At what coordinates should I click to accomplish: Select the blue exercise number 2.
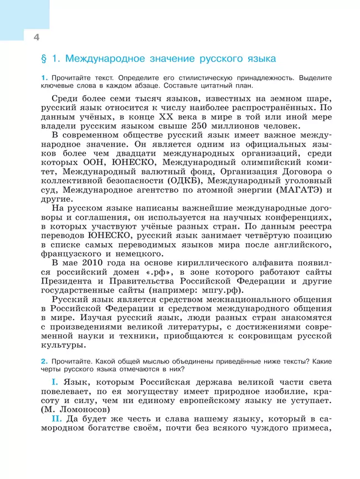37,360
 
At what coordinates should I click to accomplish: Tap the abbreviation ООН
105,162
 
